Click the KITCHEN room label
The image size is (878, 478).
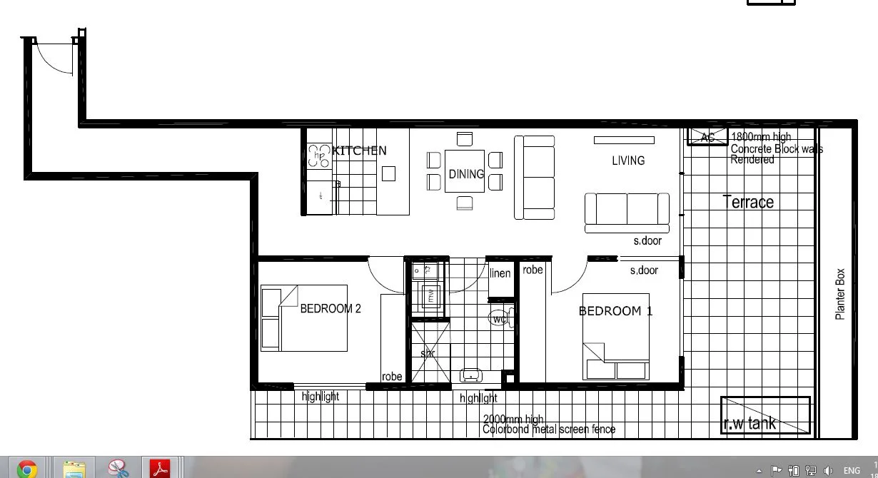pos(360,151)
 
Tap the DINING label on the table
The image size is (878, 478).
pos(465,173)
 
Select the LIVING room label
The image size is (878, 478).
pos(628,161)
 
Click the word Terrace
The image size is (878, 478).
pos(748,202)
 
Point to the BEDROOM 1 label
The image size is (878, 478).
pos(615,311)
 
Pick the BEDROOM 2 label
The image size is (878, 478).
pos(330,309)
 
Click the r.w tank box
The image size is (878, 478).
pos(765,415)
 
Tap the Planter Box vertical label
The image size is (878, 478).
pos(840,294)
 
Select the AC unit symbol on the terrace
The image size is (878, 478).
pos(707,137)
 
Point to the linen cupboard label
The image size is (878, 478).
pos(500,274)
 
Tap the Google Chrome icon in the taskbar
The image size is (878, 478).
pos(27,469)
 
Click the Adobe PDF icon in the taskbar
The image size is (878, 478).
pos(160,469)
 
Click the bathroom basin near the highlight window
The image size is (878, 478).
pos(471,375)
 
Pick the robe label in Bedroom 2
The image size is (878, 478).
pos(392,377)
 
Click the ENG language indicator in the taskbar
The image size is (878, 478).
pos(852,471)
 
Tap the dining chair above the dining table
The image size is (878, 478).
pos(465,139)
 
